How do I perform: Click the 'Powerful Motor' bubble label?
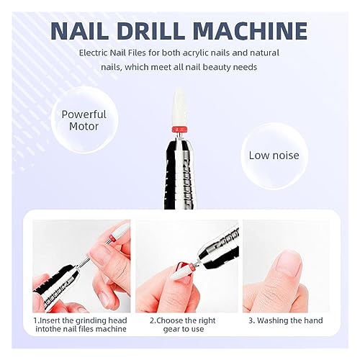tap(84, 120)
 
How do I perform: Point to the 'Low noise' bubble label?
tap(274, 155)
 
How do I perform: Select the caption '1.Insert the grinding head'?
tap(79, 320)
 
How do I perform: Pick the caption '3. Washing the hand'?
tap(285, 320)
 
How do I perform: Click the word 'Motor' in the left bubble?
tap(84, 127)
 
